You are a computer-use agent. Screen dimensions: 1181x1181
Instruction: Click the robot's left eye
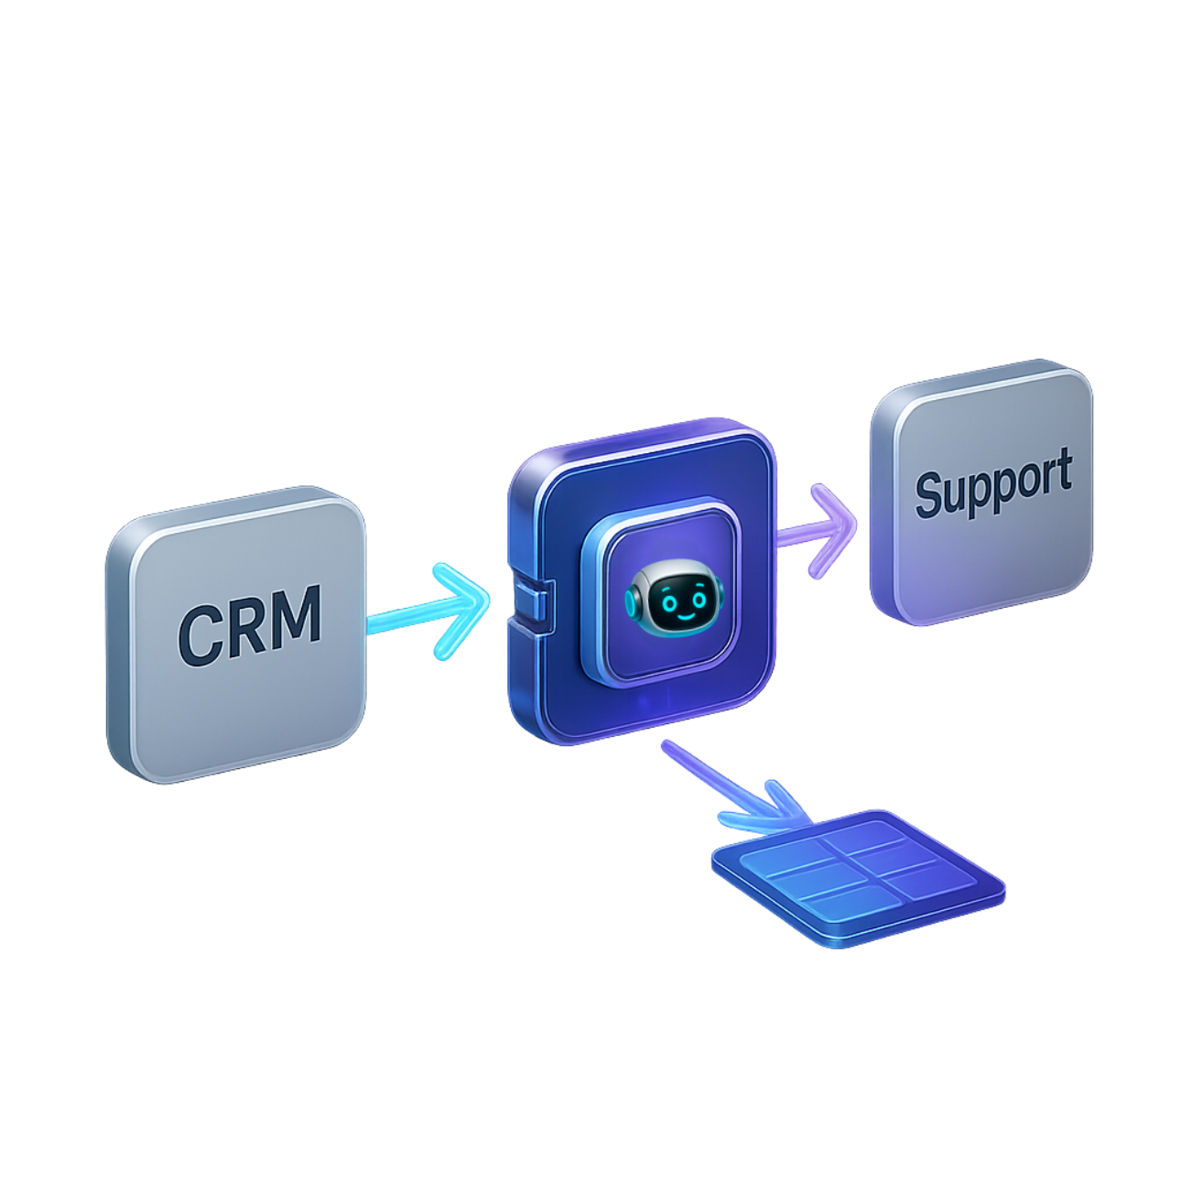point(666,601)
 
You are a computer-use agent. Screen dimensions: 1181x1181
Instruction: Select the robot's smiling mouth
point(681,615)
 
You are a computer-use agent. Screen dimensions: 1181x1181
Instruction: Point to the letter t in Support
point(1060,476)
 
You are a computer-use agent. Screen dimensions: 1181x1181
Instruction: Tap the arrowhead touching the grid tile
point(778,811)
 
